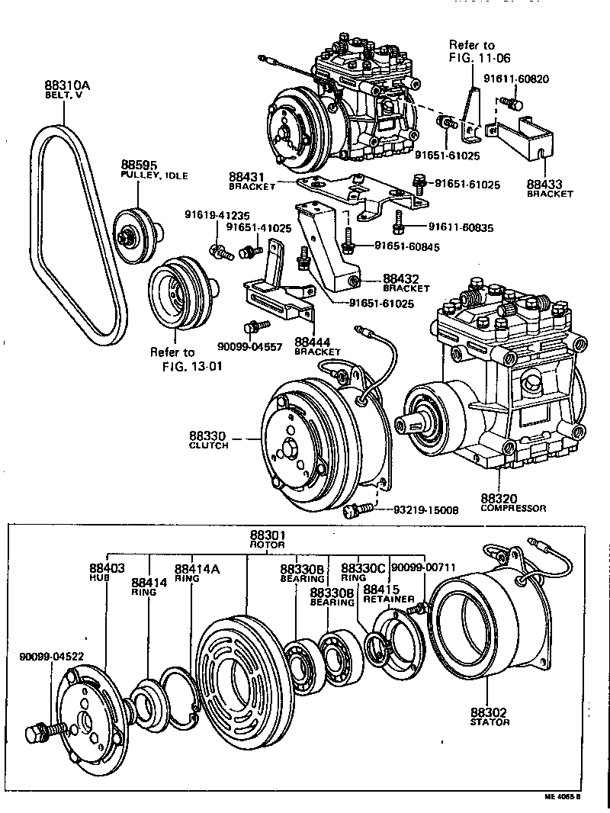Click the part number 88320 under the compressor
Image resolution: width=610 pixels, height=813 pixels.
click(x=500, y=496)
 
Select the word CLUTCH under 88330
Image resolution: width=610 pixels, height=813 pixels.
click(x=208, y=445)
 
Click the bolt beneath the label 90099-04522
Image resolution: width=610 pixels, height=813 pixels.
click(x=37, y=733)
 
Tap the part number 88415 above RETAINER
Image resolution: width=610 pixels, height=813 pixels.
click(x=381, y=589)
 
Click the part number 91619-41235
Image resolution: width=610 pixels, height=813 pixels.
click(x=217, y=216)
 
